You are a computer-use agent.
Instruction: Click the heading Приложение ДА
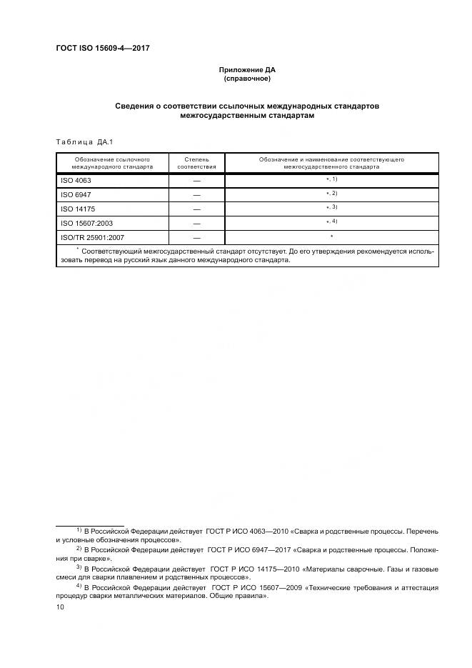246,70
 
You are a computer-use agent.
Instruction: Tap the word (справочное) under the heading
246,79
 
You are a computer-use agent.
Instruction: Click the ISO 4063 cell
76,181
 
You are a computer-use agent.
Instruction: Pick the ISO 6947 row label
76,195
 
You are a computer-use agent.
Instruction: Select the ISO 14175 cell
78,209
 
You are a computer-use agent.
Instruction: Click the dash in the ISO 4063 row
196,181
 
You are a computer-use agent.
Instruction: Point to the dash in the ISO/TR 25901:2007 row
196,237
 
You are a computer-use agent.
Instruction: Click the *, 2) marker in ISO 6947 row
331,194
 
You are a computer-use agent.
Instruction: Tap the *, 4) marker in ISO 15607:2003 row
331,221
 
